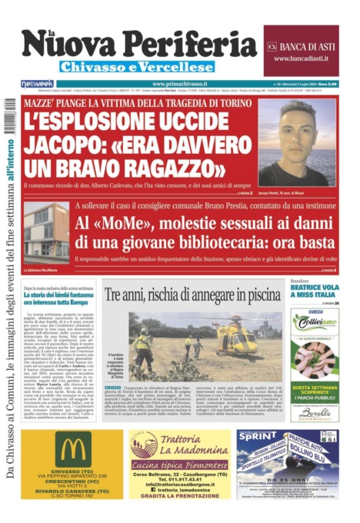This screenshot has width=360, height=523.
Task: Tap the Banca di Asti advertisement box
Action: tap(301, 51)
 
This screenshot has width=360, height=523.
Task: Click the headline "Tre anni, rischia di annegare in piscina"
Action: tap(192, 295)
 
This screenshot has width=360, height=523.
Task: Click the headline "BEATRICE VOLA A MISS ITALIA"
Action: tap(314, 291)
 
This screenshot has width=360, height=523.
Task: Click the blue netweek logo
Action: tap(36, 83)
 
